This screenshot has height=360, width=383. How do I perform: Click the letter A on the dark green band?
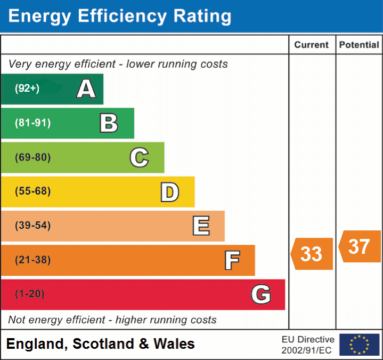coord(86,89)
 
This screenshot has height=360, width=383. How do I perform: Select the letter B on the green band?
coord(109,123)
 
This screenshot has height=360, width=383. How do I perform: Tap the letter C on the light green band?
coord(139,157)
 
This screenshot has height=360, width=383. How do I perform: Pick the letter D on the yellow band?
coord(169,191)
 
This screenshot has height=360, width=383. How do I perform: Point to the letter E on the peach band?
coord(201,226)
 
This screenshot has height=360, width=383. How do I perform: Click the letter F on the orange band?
coord(232,260)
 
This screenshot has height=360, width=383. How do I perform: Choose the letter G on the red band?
coord(261,294)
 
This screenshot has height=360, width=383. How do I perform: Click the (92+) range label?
coord(27,89)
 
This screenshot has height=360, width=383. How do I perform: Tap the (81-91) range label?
coord(33,123)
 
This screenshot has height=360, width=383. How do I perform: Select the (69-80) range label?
coord(33,157)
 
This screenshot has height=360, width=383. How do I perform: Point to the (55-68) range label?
coord(33,191)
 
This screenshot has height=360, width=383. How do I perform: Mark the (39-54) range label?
coord(33,226)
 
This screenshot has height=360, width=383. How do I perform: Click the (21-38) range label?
coord(33,260)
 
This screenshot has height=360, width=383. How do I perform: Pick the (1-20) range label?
coord(30,294)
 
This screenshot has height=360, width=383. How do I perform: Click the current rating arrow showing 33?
coord(312,254)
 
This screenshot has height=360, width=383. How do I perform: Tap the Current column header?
coord(312,45)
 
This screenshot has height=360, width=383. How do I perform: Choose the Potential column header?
coord(359,45)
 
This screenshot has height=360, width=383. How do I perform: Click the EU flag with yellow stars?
coord(359,345)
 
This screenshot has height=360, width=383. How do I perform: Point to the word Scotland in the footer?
coord(103,344)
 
